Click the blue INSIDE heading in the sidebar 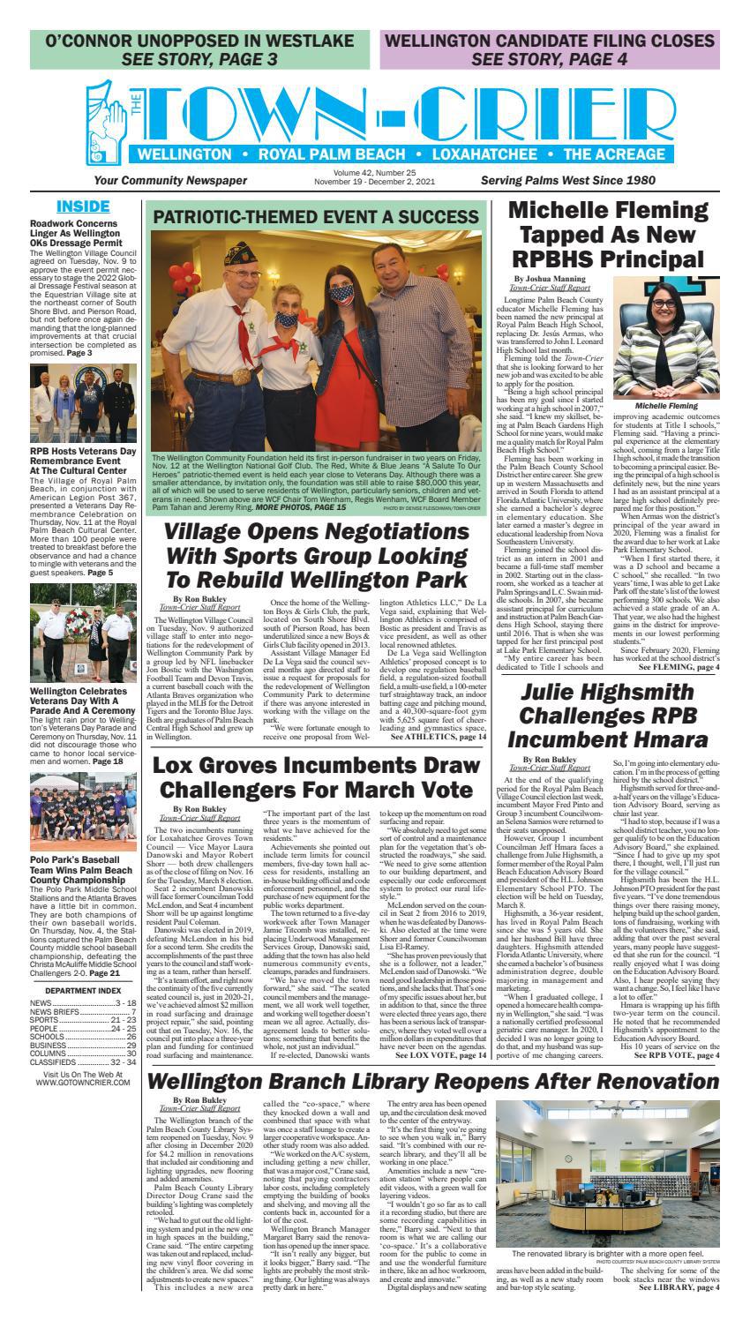[x=83, y=206]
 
